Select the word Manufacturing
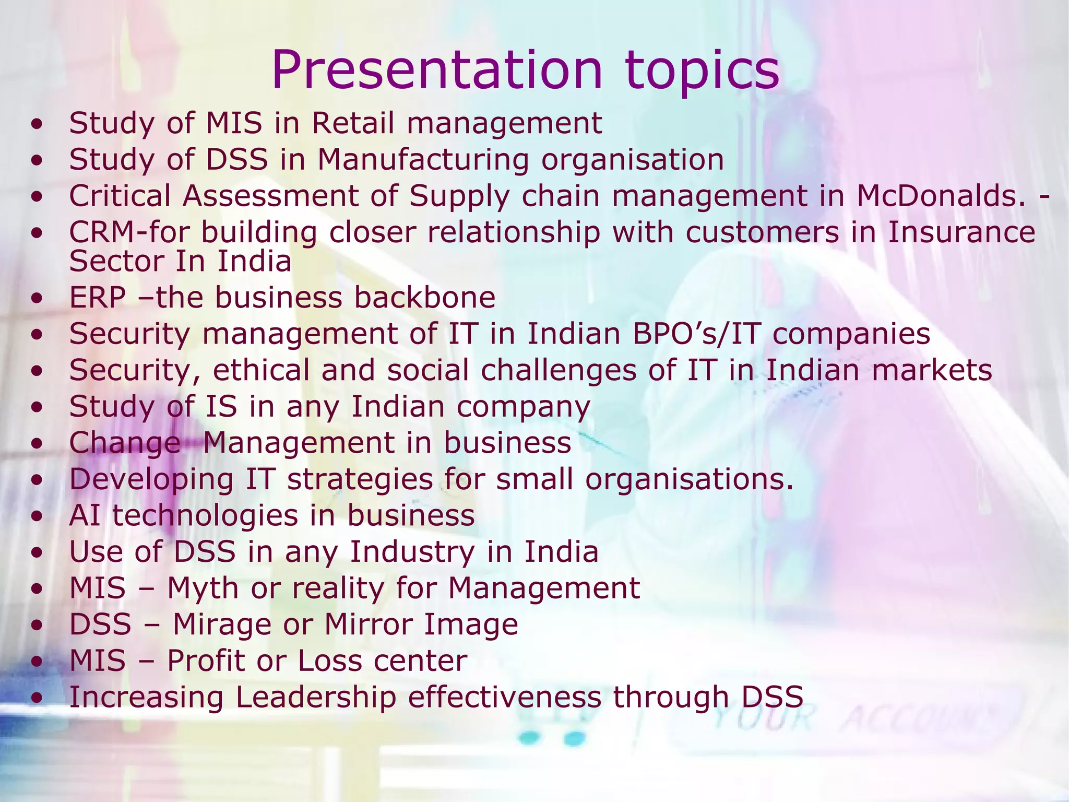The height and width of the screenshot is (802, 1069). point(423,160)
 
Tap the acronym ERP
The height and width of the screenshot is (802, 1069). point(98,298)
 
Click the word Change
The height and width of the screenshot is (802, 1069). point(125,443)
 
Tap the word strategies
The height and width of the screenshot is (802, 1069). point(360,479)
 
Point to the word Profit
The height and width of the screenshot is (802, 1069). point(206,661)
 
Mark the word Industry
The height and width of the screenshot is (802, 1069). point(412,552)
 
